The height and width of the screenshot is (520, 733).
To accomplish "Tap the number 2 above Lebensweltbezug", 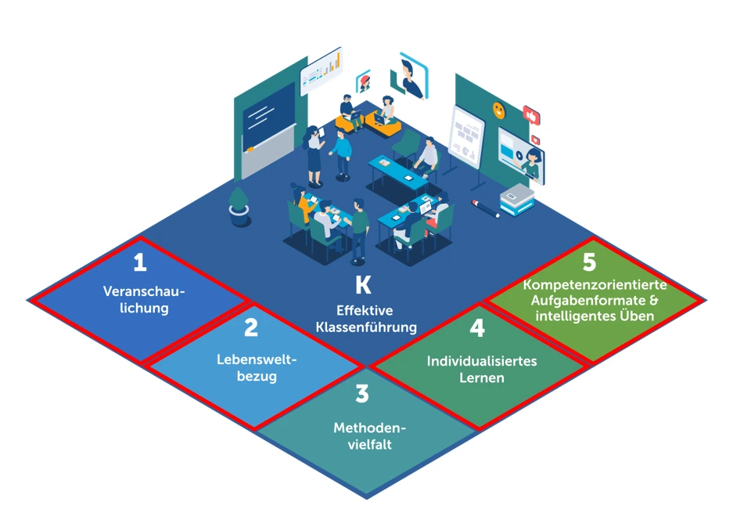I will [x=250, y=327].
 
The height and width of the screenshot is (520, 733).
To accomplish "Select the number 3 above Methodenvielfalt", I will [x=361, y=393].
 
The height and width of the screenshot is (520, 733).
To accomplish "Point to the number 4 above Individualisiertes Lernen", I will [x=477, y=328].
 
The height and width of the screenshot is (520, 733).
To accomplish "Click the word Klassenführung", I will [x=366, y=326].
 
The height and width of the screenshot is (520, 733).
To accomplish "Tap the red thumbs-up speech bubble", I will [x=532, y=115].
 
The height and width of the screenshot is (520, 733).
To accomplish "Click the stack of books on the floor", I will [x=516, y=198].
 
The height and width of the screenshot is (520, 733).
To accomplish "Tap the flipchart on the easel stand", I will [x=465, y=135].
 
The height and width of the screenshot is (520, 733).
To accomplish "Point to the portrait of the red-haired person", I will [x=363, y=81].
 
